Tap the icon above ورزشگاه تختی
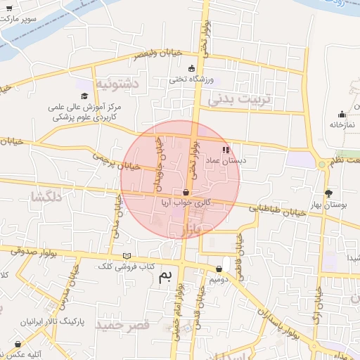coord(191,68)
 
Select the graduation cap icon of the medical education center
coord(85,96)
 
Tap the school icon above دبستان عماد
coord(226,150)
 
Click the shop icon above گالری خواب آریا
coord(186,192)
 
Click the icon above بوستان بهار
coord(328,193)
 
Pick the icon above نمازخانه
coord(342,115)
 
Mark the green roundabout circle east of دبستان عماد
coord(322,165)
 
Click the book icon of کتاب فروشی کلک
coord(127,256)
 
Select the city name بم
coord(166,276)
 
